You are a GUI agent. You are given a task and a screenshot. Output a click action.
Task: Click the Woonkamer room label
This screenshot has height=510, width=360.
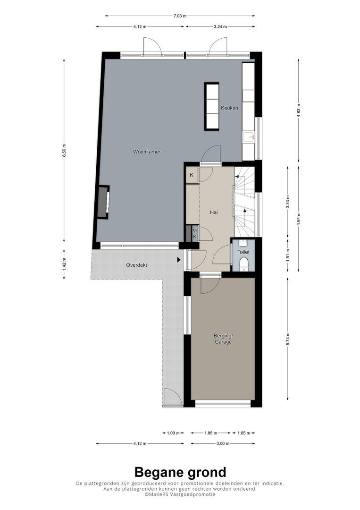click(147, 152)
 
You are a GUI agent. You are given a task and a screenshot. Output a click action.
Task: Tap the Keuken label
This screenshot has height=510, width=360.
click(230, 108)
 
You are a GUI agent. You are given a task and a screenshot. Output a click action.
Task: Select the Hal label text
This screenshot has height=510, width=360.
click(214, 212)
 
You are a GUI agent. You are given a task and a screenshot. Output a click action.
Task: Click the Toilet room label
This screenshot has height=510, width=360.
click(243, 253)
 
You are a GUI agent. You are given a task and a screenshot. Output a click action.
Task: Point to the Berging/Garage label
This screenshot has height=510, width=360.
click(223, 339)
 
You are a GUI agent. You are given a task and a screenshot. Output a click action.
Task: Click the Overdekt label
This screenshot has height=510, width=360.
click(136, 265)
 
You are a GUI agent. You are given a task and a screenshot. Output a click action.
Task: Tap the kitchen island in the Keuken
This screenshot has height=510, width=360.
click(211, 106)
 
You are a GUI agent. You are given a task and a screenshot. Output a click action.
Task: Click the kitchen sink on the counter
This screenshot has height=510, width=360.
click(248, 137)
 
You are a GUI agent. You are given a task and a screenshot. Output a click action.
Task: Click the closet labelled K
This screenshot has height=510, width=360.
click(192, 175)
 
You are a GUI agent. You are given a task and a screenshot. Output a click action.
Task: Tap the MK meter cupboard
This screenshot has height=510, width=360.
click(193, 234)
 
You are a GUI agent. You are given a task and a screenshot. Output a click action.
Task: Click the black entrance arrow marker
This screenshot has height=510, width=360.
click(179, 260)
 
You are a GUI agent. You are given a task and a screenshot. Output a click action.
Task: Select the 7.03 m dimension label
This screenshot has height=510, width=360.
click(179, 16)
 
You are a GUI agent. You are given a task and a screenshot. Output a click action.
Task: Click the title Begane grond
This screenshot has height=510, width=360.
click(180, 472)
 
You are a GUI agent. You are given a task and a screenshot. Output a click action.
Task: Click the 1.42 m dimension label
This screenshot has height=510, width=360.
click(64, 265)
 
